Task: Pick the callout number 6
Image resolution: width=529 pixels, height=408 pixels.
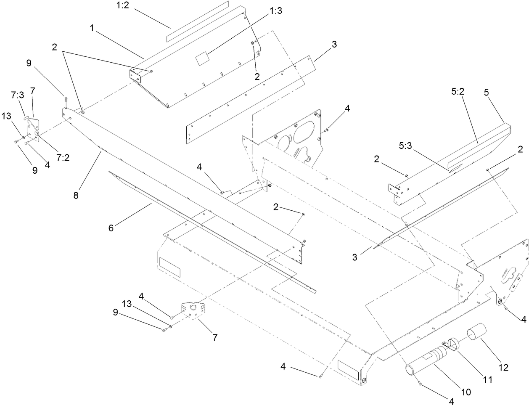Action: (111, 228)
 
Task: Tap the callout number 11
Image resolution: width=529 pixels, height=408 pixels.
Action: (487, 380)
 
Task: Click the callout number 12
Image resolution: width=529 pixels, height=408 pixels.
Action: (503, 368)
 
